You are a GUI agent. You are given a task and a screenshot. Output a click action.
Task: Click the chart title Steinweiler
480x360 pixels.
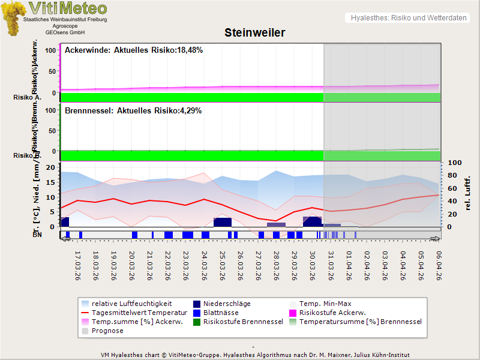pyautogui.click(x=254, y=32)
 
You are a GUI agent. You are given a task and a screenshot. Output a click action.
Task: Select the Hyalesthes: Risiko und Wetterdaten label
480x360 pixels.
pyautogui.click(x=408, y=18)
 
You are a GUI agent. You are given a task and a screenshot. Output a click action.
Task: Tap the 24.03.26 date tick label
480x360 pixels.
pyautogui.click(x=205, y=265)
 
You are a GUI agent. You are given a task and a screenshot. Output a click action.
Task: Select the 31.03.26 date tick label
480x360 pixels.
pyautogui.click(x=331, y=265)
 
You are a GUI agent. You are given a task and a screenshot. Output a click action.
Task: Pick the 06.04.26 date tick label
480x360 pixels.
pyautogui.click(x=439, y=265)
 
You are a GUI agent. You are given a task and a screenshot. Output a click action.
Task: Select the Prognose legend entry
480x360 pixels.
pyautogui.click(x=107, y=331)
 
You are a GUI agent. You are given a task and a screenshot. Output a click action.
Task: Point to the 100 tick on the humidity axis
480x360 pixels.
pyautogui.click(x=454, y=163)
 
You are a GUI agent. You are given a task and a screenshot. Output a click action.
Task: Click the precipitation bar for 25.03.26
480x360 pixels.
pyautogui.click(x=223, y=222)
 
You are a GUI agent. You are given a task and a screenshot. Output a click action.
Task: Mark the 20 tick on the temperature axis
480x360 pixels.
pyautogui.click(x=50, y=167)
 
